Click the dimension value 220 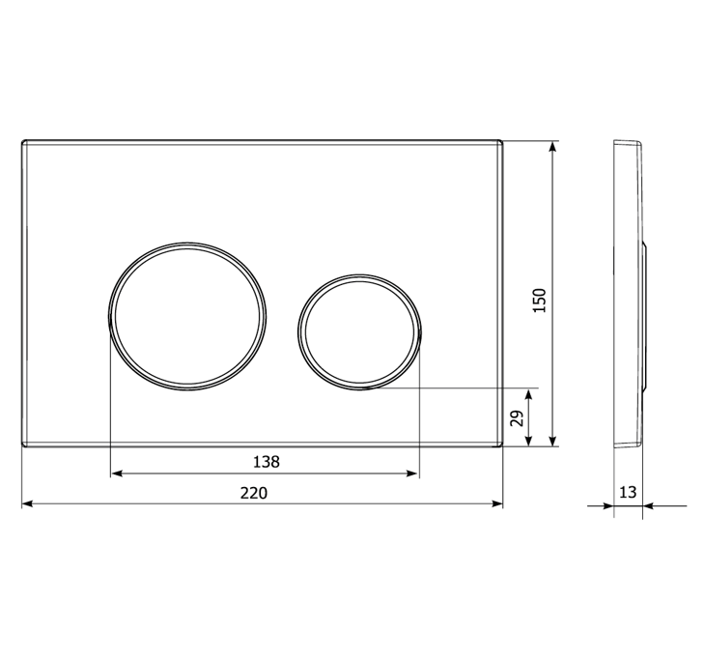(x=254, y=493)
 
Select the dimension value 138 (x=267, y=462)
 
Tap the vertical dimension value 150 (x=539, y=301)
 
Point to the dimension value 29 (x=518, y=418)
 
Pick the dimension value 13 (x=628, y=493)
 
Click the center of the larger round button (x=187, y=316)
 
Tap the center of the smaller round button (x=359, y=332)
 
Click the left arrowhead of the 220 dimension (x=27, y=503)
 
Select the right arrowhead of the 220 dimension (x=497, y=503)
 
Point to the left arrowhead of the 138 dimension (x=117, y=473)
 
